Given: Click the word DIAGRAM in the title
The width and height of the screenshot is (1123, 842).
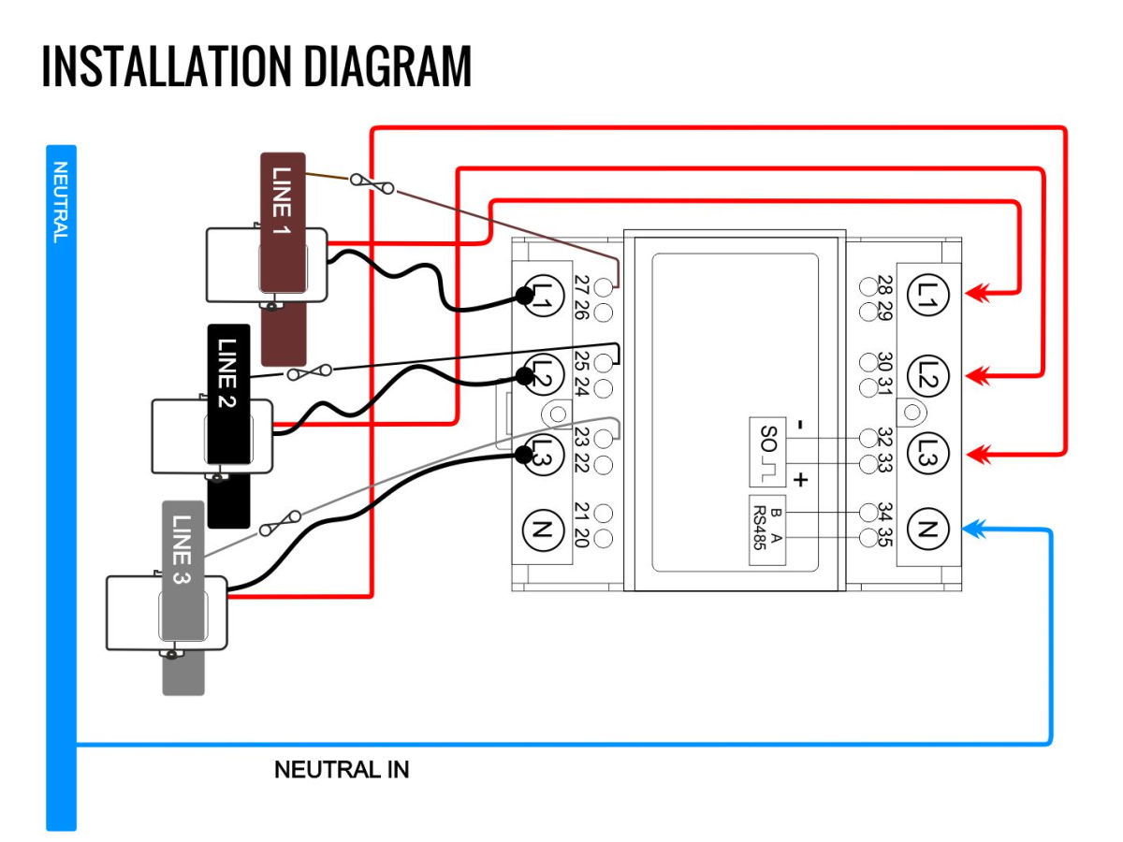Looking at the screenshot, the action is point(387,65).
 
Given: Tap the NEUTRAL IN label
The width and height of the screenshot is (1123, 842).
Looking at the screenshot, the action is point(342,769).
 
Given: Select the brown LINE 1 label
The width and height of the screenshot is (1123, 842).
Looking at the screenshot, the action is point(282,201).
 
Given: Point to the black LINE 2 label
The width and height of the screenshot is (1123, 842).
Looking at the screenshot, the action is point(227,373).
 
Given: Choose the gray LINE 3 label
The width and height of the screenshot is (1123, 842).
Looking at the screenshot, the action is point(182,549).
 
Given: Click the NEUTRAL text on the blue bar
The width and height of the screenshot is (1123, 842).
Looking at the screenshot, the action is point(61,202).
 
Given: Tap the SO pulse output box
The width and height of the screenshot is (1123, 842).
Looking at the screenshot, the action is point(766,452).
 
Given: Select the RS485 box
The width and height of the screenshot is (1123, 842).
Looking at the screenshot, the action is point(766,530).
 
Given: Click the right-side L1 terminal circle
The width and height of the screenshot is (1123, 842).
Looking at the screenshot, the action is point(927,295).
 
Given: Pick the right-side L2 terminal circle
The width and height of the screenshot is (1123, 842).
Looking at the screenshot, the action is point(927,376).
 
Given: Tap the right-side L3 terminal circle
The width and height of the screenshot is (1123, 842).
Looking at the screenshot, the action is point(927,454).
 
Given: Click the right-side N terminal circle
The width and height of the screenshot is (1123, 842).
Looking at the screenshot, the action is point(927,530).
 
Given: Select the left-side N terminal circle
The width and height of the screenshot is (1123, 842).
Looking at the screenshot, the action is point(543,531).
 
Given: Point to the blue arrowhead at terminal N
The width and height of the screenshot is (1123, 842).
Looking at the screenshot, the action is point(973,530).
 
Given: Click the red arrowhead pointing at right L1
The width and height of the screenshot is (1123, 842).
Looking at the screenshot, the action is point(977,293).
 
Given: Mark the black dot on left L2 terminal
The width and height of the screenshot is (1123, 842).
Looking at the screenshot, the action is point(524,376).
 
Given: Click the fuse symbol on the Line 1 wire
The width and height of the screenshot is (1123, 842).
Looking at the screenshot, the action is point(372,184).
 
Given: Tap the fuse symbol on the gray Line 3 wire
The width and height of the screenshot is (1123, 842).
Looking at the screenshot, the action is point(280,523).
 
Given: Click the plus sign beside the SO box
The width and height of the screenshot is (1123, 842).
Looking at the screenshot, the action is point(801,480).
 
